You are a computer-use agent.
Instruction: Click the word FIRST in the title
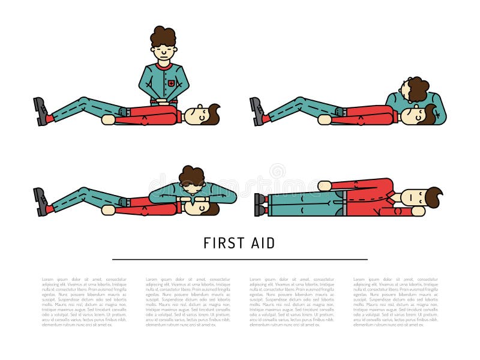point(222,243)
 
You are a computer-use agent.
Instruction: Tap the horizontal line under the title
point(240,259)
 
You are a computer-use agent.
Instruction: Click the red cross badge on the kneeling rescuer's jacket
point(172,83)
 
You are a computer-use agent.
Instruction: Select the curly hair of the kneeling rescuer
point(163,37)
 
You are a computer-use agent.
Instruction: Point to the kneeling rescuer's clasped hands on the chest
point(161,102)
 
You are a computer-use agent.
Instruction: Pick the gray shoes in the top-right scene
point(257,112)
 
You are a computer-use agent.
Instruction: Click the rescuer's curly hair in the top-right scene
point(415,88)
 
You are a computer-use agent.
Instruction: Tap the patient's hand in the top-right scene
point(325,120)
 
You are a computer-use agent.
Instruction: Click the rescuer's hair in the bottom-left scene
point(193,176)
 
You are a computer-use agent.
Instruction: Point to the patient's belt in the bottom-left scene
point(124,203)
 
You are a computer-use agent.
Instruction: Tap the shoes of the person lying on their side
point(260,205)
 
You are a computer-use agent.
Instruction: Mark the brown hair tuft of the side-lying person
point(433,196)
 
